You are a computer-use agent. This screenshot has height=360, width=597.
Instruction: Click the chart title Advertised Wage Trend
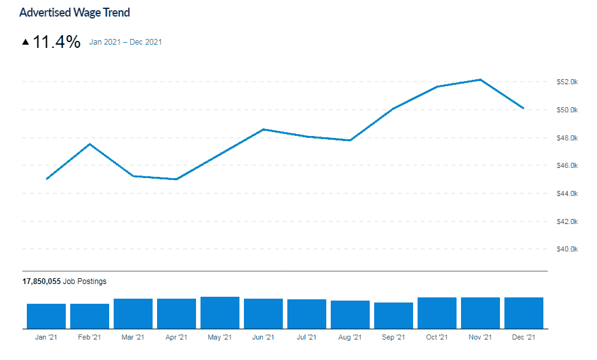point(75,13)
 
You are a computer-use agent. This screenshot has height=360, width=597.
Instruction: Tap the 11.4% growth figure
point(56,42)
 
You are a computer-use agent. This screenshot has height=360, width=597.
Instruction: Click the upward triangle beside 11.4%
point(26,42)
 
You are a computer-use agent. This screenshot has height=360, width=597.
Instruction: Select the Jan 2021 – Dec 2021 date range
point(126,43)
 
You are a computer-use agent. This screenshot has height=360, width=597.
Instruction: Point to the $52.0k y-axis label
point(566,82)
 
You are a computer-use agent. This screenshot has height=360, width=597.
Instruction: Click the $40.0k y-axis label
point(566,249)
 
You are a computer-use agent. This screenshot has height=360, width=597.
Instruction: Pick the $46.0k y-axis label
point(566,165)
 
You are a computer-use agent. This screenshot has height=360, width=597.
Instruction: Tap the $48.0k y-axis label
point(566,138)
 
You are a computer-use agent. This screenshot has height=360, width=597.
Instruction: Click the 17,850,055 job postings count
point(42,281)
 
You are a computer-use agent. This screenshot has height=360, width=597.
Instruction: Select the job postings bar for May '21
point(220,313)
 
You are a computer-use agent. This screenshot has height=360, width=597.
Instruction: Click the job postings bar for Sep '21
point(393,315)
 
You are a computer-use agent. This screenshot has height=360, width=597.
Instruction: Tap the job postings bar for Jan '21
point(46,316)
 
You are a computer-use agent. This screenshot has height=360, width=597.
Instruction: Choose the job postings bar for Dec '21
point(524,313)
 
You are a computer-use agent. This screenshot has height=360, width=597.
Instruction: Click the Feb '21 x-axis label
point(89,337)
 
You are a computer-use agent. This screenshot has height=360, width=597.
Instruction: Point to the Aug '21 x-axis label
point(350,337)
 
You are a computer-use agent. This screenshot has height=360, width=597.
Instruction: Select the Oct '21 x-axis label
point(437,337)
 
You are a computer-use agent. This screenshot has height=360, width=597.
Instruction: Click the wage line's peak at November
point(480,80)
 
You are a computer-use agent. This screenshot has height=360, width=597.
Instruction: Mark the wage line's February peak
point(90,144)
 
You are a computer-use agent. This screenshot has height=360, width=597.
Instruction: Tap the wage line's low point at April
point(176,179)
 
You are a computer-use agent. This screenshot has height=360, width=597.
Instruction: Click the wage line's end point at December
point(524,109)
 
